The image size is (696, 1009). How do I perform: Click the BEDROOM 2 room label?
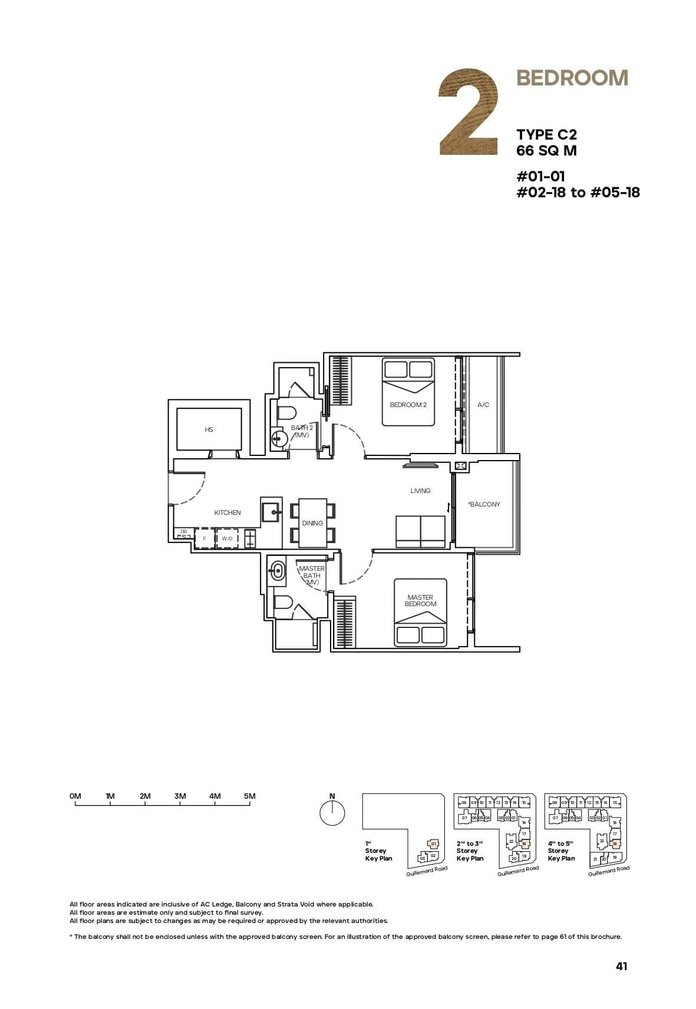(408, 405)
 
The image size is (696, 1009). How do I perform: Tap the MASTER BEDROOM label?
(420, 600)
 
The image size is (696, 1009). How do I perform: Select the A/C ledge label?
(483, 405)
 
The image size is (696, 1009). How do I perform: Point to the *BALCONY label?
(484, 504)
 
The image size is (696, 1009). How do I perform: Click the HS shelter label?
(209, 430)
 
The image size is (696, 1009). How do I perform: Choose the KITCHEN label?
(227, 512)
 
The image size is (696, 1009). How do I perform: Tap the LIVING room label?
(420, 491)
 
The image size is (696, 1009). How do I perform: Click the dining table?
(312, 522)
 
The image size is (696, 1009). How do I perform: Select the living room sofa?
(420, 531)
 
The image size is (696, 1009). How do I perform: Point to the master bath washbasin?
(276, 570)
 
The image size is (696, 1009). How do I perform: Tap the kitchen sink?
(272, 512)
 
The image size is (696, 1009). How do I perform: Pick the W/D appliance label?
(227, 538)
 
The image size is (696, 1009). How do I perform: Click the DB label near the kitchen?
(183, 531)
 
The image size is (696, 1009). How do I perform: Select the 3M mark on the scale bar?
(180, 796)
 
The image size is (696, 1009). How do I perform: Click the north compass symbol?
(332, 813)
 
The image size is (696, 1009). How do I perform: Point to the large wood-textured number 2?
(469, 113)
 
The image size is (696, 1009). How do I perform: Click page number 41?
(621, 966)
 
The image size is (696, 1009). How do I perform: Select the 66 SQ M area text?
(546, 151)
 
